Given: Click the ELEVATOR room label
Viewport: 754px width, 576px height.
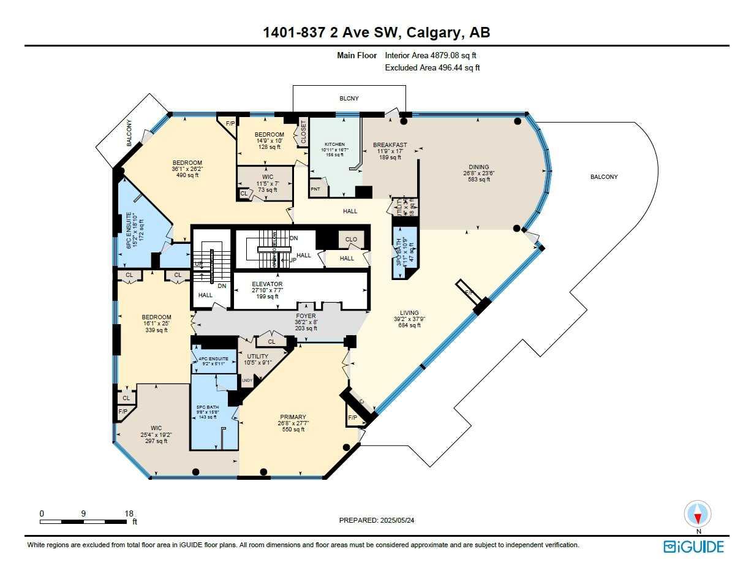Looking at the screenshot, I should click(x=267, y=284).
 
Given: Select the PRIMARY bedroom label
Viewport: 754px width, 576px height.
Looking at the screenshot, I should click(x=291, y=417).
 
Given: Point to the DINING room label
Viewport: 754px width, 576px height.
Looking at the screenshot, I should click(x=479, y=167).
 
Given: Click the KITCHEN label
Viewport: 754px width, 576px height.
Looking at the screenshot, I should click(x=335, y=144).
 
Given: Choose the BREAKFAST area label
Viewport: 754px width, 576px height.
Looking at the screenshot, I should click(x=390, y=145).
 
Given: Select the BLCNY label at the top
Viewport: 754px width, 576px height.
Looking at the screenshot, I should click(x=349, y=98).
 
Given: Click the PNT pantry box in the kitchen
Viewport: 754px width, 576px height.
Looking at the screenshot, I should click(x=316, y=189).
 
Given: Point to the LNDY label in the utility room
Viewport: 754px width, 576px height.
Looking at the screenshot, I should click(x=247, y=381).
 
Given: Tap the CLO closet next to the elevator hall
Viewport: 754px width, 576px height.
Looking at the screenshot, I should click(x=351, y=240).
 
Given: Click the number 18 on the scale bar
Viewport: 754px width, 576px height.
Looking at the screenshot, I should click(x=129, y=513).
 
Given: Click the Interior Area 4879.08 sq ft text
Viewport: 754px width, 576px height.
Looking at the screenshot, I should click(x=431, y=55).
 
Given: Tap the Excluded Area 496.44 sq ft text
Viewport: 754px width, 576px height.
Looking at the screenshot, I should click(x=432, y=68).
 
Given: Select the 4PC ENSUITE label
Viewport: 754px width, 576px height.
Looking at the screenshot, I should click(x=213, y=359).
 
